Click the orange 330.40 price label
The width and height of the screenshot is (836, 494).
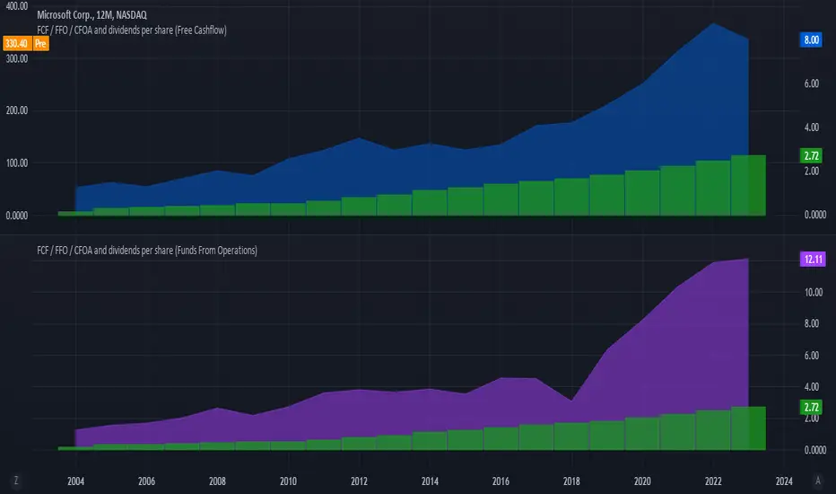(x=16, y=42)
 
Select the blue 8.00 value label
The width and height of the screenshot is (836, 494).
(x=809, y=40)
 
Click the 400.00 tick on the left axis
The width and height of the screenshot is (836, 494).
(x=16, y=5)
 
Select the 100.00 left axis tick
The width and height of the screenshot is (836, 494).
(x=16, y=163)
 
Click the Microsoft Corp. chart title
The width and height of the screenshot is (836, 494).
(x=93, y=14)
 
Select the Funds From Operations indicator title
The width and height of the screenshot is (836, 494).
(x=147, y=251)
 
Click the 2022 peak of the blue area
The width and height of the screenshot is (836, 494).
(x=713, y=24)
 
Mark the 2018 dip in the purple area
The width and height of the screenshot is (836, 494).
(x=571, y=400)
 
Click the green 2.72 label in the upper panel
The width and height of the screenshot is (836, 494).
(x=809, y=155)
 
